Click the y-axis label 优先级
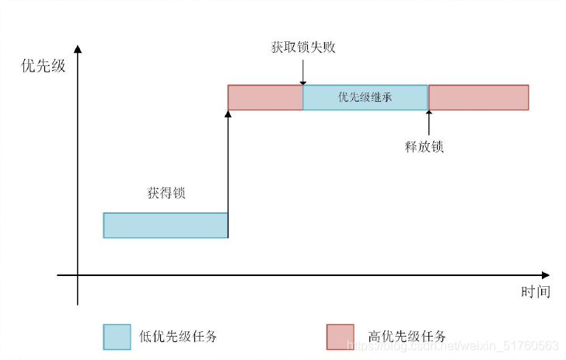click(x=43, y=66)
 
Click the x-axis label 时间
click(x=535, y=292)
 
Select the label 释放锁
click(x=424, y=146)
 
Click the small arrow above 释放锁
click(x=428, y=121)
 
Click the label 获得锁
click(x=166, y=192)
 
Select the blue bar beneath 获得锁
click(x=166, y=225)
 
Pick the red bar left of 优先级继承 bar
click(x=264, y=97)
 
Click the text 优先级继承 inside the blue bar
click(x=365, y=98)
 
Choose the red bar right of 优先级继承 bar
click(x=478, y=97)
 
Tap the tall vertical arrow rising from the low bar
click(x=228, y=171)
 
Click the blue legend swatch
click(x=117, y=337)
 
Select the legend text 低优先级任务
click(x=177, y=337)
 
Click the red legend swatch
click(x=340, y=337)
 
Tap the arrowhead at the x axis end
click(x=546, y=274)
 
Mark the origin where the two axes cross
click(x=78, y=274)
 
